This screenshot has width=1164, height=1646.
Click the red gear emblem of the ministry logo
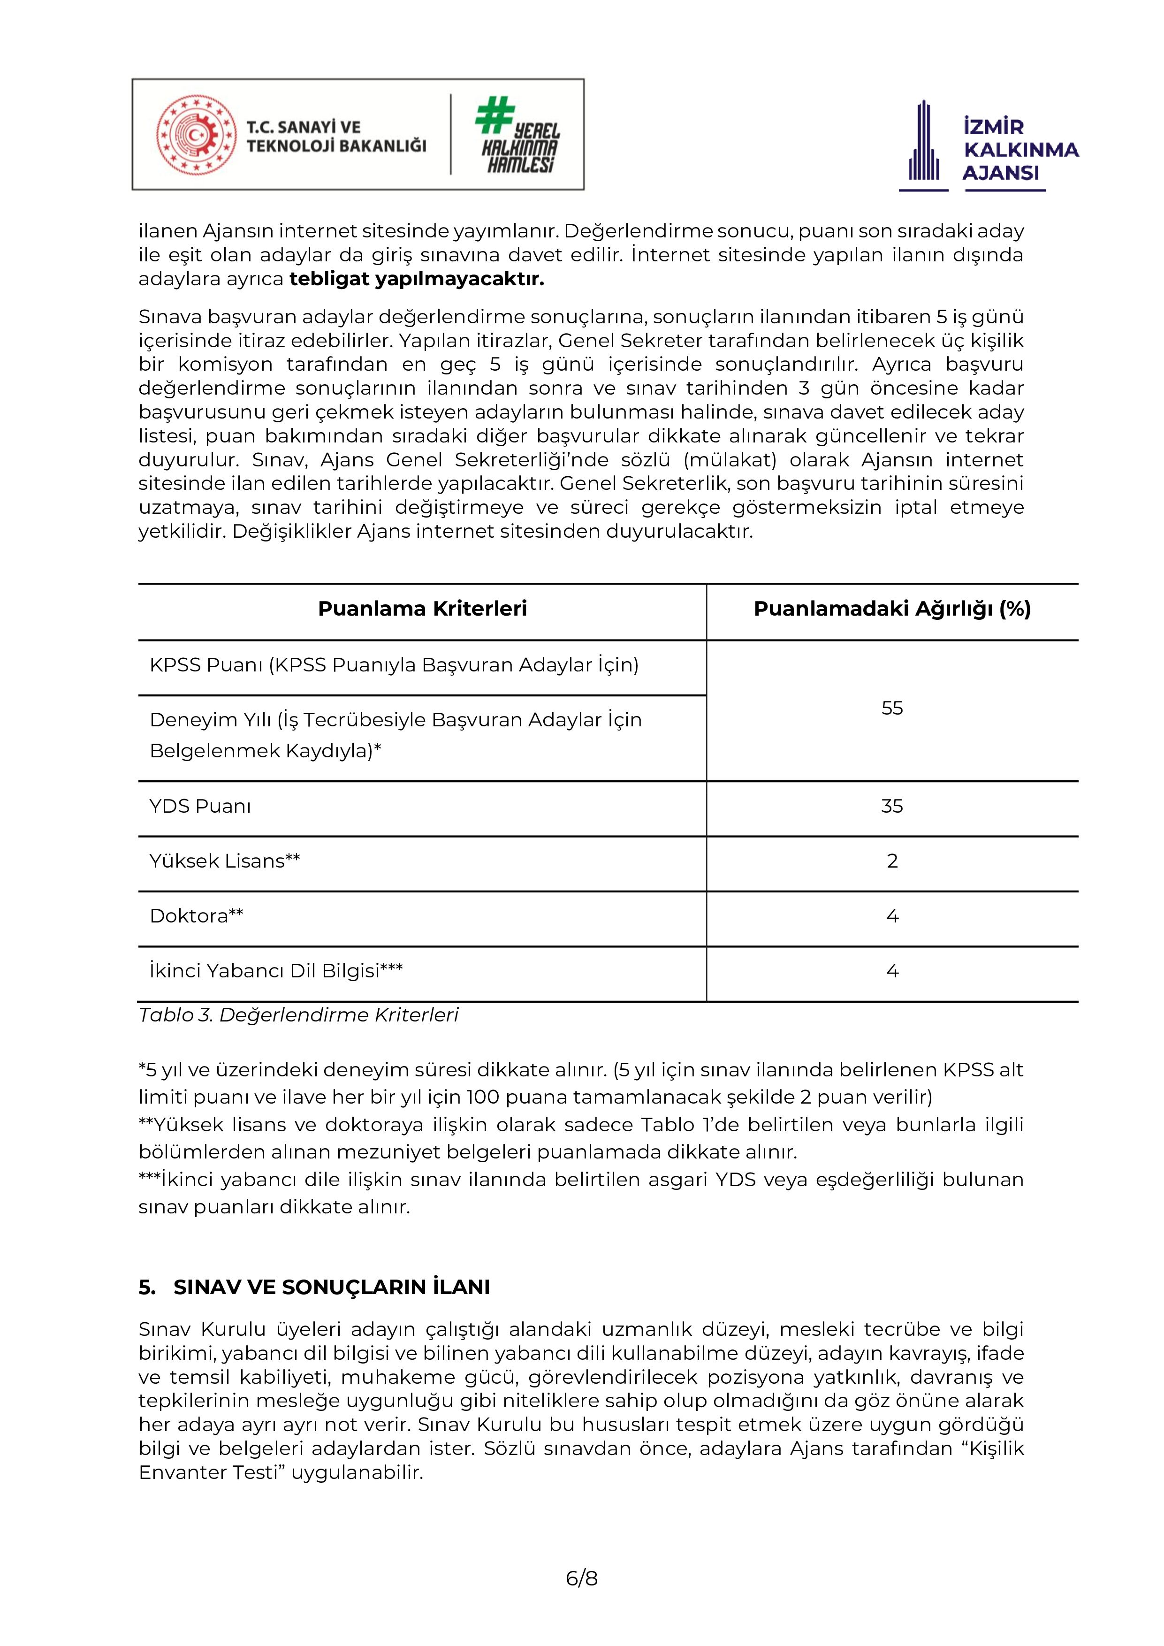[196, 135]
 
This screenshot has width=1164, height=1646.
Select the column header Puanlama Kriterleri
[422, 609]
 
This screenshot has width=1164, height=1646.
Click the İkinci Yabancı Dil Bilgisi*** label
[276, 971]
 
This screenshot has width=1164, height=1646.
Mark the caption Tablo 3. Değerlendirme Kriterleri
[298, 1015]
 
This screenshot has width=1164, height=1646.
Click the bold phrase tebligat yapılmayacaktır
[417, 279]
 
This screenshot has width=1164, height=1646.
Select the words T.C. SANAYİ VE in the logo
[303, 128]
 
